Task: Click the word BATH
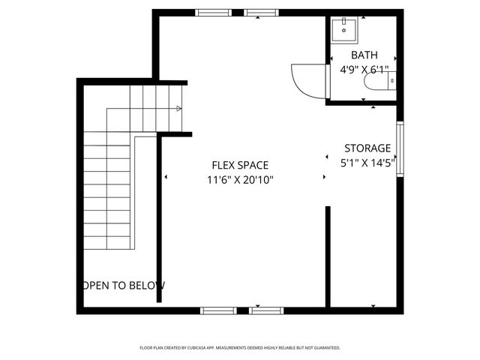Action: (364, 55)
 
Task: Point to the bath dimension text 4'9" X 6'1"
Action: (364, 70)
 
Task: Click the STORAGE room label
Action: (367, 148)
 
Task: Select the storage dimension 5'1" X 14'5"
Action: (367, 163)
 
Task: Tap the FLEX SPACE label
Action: (240, 165)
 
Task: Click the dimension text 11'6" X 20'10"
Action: (240, 180)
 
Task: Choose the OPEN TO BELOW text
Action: (124, 286)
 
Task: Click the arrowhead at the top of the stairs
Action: (178, 109)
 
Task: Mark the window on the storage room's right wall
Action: (400, 149)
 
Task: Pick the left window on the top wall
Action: (213, 13)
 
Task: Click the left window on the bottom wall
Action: (217, 309)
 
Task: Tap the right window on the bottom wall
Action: (265, 309)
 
